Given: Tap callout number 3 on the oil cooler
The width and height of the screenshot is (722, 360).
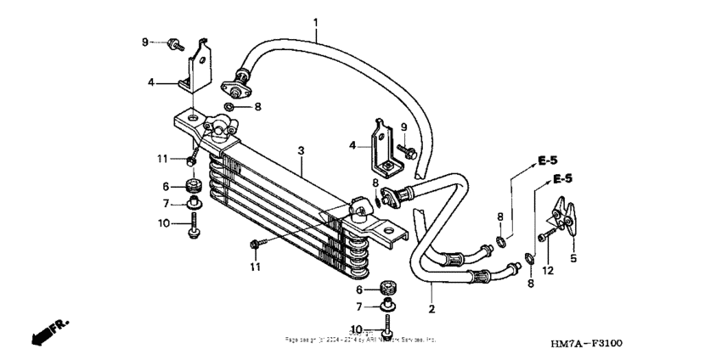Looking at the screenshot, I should [x=301, y=149].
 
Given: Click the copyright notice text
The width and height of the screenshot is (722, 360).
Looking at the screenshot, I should [x=361, y=340].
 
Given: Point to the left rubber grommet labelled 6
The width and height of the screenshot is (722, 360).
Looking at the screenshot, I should [x=191, y=186].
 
